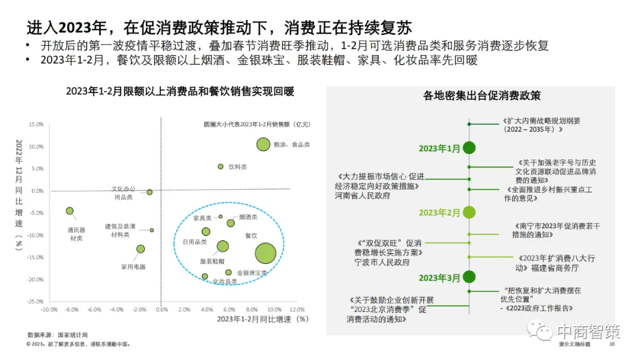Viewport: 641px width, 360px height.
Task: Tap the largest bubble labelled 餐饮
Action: point(265,253)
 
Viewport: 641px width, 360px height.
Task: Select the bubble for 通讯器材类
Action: point(69,211)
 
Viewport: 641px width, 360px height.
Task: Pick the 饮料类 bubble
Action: point(221,167)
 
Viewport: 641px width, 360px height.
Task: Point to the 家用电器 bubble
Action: point(141,249)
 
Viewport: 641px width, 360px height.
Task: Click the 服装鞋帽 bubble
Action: point(223,246)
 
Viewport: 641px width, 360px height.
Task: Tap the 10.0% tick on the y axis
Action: point(37,146)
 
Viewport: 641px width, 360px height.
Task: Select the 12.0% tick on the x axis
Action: point(288,310)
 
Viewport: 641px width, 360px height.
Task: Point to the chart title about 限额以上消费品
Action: point(180,91)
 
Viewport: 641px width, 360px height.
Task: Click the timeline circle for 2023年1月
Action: point(469,148)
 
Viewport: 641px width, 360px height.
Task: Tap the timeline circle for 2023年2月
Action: point(469,212)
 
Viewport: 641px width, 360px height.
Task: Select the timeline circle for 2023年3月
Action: point(469,276)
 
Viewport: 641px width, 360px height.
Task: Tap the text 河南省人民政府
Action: point(362,196)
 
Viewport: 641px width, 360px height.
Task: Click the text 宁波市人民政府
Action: point(382,262)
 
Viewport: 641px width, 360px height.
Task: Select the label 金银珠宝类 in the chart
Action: point(252,273)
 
